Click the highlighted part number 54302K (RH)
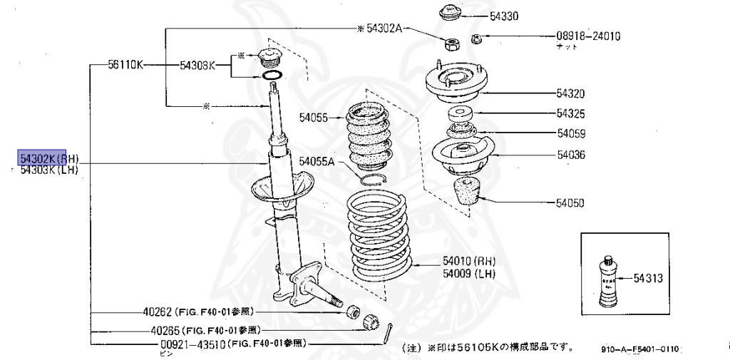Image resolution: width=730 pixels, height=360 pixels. (49, 158)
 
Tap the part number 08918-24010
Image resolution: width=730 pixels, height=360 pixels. (588, 36)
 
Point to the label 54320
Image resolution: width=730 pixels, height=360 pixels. (570, 93)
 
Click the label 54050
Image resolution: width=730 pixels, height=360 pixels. (570, 203)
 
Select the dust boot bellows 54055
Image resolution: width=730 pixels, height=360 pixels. (369, 139)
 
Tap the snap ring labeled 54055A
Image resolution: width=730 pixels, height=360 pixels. (373, 178)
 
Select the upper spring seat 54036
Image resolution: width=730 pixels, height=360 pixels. (463, 157)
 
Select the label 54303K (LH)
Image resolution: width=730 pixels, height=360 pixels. (48, 170)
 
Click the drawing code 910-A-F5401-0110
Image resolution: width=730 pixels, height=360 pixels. (640, 349)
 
